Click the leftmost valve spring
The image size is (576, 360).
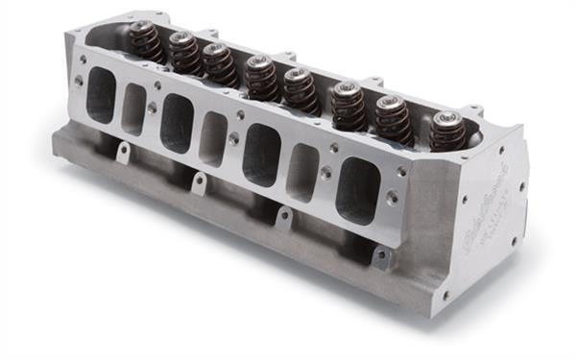click(145, 41)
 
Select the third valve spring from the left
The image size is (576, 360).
click(219, 62)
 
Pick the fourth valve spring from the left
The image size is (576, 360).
click(261, 77)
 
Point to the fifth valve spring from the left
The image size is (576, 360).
click(300, 88)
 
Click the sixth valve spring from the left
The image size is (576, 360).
click(348, 105)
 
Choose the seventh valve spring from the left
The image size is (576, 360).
click(392, 119)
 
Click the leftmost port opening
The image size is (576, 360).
click(99, 94)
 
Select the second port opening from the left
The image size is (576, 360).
click(134, 108)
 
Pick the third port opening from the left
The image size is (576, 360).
click(176, 123)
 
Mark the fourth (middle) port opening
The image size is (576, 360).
click(213, 139)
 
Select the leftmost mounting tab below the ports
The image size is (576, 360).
click(121, 151)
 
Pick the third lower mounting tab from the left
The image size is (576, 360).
click(284, 217)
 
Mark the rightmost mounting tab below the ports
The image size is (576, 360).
click(381, 256)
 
